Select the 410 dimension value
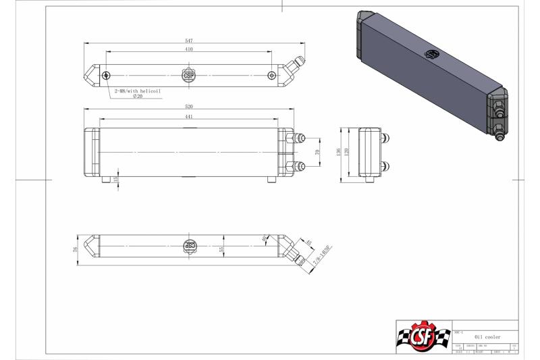coord(189,49)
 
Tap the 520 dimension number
coord(188,107)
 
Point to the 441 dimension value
coord(188,116)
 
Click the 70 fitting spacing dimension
coord(317,153)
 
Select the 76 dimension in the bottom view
coord(76,249)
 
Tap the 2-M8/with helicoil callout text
coord(138,90)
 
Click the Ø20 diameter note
coord(138,97)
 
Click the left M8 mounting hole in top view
coord(106,75)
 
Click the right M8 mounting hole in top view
coord(271,75)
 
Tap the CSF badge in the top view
coord(189,75)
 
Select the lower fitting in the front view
coord(295,165)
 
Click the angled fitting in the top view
coord(294,66)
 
